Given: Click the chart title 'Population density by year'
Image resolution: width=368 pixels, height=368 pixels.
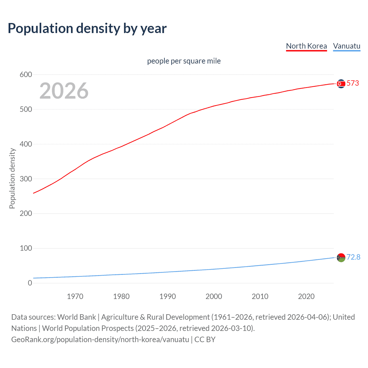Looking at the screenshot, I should tap(87, 28).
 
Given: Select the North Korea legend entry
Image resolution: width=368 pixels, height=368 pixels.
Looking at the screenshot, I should tap(306, 46).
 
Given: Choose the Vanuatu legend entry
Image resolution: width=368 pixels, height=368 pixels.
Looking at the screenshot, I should tap(346, 46).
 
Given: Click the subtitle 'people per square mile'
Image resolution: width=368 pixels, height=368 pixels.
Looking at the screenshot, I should tap(184, 61).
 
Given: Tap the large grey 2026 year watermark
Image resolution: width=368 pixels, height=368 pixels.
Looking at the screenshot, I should tap(64, 91).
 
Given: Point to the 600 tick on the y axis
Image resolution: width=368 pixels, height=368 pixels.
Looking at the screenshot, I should tap(26, 75).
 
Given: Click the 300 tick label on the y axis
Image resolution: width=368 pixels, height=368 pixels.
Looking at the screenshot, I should tap(26, 179).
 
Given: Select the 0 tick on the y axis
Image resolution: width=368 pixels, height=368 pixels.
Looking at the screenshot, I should tap(30, 283).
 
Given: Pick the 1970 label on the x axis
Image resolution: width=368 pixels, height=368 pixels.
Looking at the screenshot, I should tap(75, 296).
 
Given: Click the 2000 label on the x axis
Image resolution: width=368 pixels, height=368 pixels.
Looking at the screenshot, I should tap(214, 296).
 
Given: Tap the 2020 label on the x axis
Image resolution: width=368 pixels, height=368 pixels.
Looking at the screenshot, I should tap(306, 296).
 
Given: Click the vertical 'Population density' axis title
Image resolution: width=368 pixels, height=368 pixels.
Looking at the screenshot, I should tap(12, 178).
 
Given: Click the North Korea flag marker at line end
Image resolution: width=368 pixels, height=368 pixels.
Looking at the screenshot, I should tap(341, 84).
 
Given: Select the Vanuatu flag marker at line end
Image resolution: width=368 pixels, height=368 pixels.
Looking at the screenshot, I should tap(341, 257).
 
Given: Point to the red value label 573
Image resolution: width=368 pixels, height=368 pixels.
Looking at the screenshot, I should tap(353, 83).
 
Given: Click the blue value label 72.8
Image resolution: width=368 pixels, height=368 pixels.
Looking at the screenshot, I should tap(353, 257).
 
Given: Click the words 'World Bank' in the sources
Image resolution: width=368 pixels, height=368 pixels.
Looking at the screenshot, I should tap(76, 317).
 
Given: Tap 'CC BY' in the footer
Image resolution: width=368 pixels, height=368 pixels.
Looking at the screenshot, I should tap(205, 340).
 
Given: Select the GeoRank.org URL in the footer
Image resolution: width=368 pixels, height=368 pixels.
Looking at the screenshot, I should tap(100, 340).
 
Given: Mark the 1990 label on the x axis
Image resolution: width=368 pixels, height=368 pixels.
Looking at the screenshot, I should tap(168, 296).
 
